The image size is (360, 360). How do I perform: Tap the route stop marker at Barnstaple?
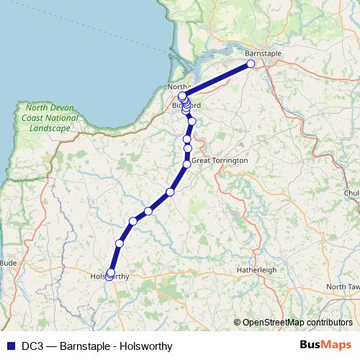251,64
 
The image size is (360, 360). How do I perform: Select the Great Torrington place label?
220,160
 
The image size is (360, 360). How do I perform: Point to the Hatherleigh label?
257,270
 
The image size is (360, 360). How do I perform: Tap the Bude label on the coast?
8,263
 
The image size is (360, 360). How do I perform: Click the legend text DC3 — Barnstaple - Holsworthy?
96,346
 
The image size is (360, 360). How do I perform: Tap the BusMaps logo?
326,346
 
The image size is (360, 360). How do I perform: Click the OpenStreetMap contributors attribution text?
297,323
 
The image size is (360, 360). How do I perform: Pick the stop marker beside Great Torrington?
187,164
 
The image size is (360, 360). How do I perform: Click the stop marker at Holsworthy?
110,273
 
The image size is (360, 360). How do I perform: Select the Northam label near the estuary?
177,87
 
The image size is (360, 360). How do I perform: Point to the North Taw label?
342,287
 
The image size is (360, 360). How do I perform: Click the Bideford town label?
186,106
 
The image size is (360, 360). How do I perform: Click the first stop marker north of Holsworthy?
120,243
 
